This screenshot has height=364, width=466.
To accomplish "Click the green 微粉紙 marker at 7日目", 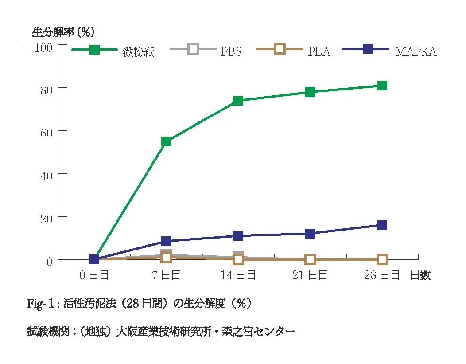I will (x=166, y=142).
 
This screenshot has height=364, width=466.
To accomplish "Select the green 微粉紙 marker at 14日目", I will (x=238, y=101).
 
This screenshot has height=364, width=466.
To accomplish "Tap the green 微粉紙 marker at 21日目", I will (x=310, y=92).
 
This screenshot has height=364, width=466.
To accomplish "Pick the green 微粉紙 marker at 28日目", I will (x=382, y=86).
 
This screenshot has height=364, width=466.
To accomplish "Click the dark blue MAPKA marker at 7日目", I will (x=166, y=241).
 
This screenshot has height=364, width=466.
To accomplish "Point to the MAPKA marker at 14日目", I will (x=238, y=236).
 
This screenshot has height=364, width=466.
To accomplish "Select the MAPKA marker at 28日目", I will (x=382, y=225).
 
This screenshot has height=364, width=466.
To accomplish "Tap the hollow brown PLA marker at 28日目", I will (x=382, y=259).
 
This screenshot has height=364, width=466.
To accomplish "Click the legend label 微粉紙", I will (x=139, y=52).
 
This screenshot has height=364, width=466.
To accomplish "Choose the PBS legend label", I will (x=231, y=52).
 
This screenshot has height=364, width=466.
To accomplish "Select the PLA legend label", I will (x=319, y=52).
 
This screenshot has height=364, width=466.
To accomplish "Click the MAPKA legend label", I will (x=416, y=52).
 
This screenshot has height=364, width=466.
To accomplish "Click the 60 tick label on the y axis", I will (x=47, y=132).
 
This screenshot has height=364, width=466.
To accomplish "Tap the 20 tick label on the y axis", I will (x=47, y=217).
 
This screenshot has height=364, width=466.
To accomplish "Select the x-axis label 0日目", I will (x=94, y=275).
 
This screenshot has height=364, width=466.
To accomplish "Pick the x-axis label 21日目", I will (x=310, y=275).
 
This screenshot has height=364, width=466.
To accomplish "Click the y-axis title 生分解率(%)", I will (x=63, y=32).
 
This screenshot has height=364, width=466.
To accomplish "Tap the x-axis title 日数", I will (x=420, y=275).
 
